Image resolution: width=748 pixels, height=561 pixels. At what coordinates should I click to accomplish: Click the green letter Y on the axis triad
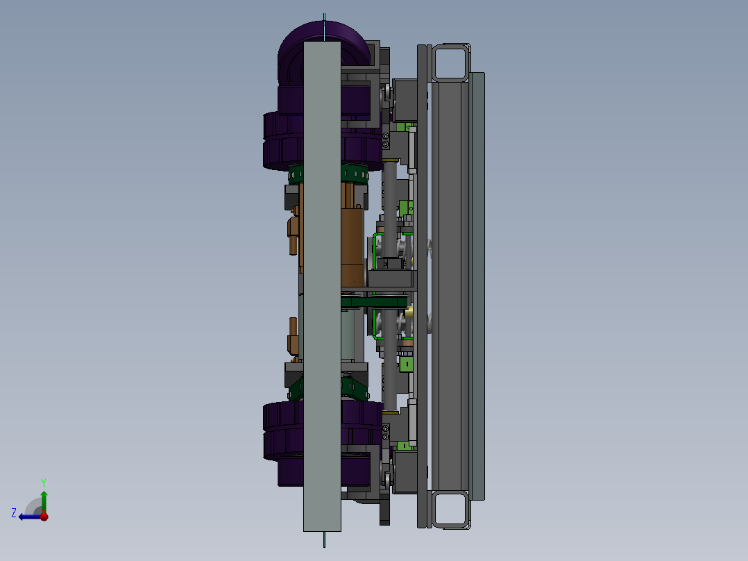tap(43, 481)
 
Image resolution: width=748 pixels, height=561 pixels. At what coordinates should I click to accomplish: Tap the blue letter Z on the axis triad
tap(14, 512)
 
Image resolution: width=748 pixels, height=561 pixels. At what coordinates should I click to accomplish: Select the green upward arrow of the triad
tap(44, 498)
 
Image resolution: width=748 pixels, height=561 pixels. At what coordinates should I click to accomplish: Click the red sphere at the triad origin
tap(44, 516)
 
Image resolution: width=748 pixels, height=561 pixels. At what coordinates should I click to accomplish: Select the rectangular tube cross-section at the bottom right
tap(450, 509)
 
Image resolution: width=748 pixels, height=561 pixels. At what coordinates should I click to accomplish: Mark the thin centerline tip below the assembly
tap(323, 542)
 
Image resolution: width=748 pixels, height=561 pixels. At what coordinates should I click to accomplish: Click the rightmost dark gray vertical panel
tap(477, 285)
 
